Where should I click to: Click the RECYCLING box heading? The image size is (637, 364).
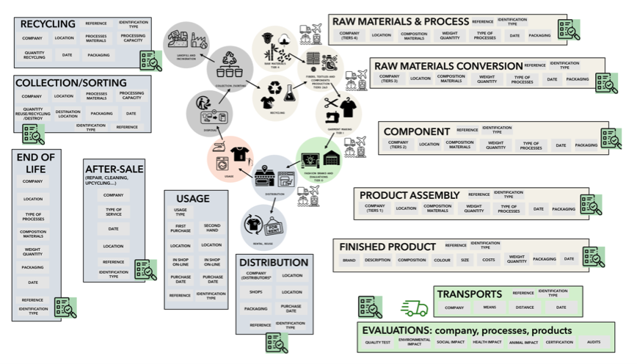[x=48, y=24]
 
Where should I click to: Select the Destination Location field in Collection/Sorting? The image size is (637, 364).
[x=68, y=114]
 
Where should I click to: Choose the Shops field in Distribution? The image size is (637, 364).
[x=255, y=292]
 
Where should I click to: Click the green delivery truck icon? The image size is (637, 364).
[x=414, y=309]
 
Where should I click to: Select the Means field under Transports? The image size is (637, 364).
[x=489, y=307]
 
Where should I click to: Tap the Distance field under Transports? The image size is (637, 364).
[x=525, y=307]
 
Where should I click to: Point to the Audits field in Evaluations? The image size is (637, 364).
[x=593, y=342]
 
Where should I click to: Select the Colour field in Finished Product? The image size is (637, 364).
[x=442, y=260]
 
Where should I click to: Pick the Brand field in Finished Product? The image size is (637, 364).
[x=349, y=260]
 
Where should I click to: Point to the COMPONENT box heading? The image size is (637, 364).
[x=416, y=131]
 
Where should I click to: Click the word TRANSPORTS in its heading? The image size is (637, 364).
[x=470, y=294]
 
